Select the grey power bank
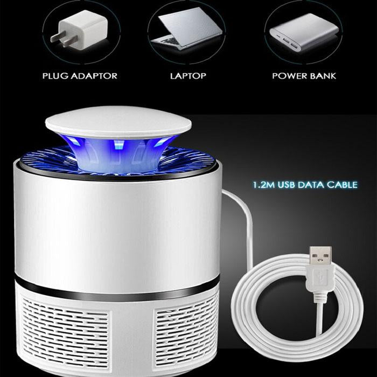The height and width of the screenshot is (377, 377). (x=304, y=32)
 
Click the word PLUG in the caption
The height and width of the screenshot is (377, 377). (x=55, y=76)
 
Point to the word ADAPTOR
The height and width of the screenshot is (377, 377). (x=94, y=76)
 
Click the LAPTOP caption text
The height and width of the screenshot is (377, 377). (x=188, y=76)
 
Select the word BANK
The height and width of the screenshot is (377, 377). (x=323, y=76)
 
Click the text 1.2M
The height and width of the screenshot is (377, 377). (x=263, y=185)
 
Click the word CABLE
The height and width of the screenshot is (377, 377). (x=342, y=185)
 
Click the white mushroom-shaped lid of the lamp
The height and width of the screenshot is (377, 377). (x=118, y=122)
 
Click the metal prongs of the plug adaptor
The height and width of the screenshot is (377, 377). (x=63, y=38)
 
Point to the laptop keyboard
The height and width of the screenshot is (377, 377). (x=171, y=41)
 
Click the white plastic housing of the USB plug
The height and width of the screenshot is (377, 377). (x=320, y=281)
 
